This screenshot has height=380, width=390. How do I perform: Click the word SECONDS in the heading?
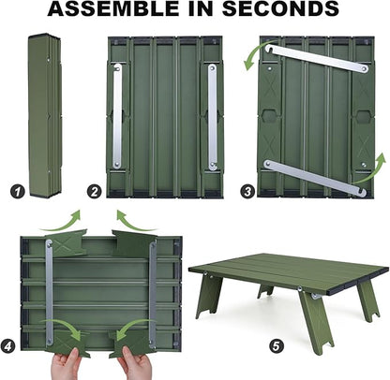[x=280, y=8]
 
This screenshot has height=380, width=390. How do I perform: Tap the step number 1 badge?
[x=17, y=191]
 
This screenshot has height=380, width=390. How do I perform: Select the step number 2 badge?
[x=95, y=191]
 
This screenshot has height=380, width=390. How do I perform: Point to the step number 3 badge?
[x=247, y=191]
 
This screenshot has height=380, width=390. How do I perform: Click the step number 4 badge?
[x=7, y=346]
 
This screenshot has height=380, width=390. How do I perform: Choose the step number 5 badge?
[x=277, y=345]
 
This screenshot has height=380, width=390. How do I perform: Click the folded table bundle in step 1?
[x=45, y=116]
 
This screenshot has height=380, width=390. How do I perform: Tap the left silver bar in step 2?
[x=117, y=116]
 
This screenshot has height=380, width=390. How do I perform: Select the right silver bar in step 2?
[x=213, y=117]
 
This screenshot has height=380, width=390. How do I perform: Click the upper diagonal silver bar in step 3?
[x=317, y=58]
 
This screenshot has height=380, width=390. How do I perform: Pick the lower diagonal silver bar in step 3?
[x=315, y=178]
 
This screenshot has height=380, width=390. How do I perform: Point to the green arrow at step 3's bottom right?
[x=372, y=170]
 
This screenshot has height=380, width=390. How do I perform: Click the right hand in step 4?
[x=134, y=363]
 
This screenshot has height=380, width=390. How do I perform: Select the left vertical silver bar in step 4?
[x=50, y=292]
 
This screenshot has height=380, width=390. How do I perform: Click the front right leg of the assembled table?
[x=316, y=321]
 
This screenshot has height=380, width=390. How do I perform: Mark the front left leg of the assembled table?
[x=208, y=295]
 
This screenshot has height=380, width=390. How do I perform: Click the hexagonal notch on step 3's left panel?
[x=268, y=115]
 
